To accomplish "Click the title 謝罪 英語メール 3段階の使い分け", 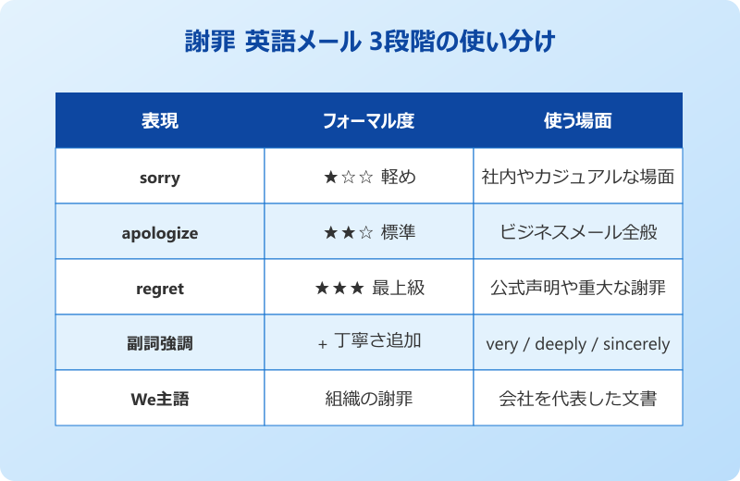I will pyautogui.click(x=369, y=43).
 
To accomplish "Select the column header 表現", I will pyautogui.click(x=159, y=120).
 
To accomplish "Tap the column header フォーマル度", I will pyautogui.click(x=368, y=120).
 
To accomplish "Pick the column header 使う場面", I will pyautogui.click(x=577, y=120).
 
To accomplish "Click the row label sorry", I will pyautogui.click(x=159, y=178).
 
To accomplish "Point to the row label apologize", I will pyautogui.click(x=159, y=233).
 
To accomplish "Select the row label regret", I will pyautogui.click(x=159, y=289).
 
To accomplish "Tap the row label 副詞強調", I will pyautogui.click(x=159, y=343).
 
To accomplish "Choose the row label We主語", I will pyautogui.click(x=159, y=400).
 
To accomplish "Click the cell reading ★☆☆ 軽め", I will pyautogui.click(x=369, y=177).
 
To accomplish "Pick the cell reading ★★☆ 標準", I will pyautogui.click(x=369, y=232).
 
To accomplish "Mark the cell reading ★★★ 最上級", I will pyautogui.click(x=369, y=288).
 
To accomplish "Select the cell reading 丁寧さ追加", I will pyautogui.click(x=376, y=341).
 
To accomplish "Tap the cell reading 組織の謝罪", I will pyautogui.click(x=368, y=399).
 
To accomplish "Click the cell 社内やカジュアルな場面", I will pyautogui.click(x=577, y=177).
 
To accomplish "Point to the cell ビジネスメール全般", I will pyautogui.click(x=577, y=232).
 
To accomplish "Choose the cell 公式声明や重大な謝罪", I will pyautogui.click(x=577, y=288).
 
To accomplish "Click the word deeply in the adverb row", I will pyautogui.click(x=561, y=344).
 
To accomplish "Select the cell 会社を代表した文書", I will pyautogui.click(x=577, y=399).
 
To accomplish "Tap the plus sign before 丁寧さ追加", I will pyautogui.click(x=322, y=344).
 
